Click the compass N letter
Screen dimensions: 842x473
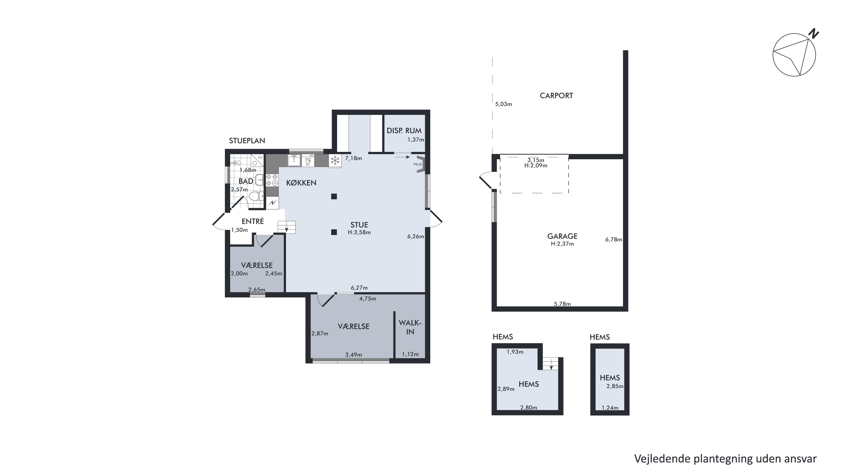point(814,34)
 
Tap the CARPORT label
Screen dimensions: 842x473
point(556,96)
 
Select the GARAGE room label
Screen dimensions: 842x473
point(562,236)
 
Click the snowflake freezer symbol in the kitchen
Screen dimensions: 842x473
point(335,160)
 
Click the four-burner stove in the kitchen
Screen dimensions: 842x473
point(272,181)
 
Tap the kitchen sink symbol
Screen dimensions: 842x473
point(294,160)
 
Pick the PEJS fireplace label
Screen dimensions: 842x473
point(417,164)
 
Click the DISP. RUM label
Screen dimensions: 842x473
point(404,131)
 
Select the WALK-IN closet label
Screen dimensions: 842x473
point(410,327)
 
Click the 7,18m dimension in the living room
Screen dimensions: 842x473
point(353,158)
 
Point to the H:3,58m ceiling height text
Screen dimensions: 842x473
point(359,232)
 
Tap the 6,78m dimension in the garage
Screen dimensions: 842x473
point(614,239)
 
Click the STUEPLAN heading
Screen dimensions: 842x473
point(247,141)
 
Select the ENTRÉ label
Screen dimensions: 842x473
point(253,221)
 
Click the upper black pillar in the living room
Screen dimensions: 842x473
point(334,197)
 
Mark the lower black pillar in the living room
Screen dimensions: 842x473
point(334,232)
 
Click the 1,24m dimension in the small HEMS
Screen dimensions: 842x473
point(610,408)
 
